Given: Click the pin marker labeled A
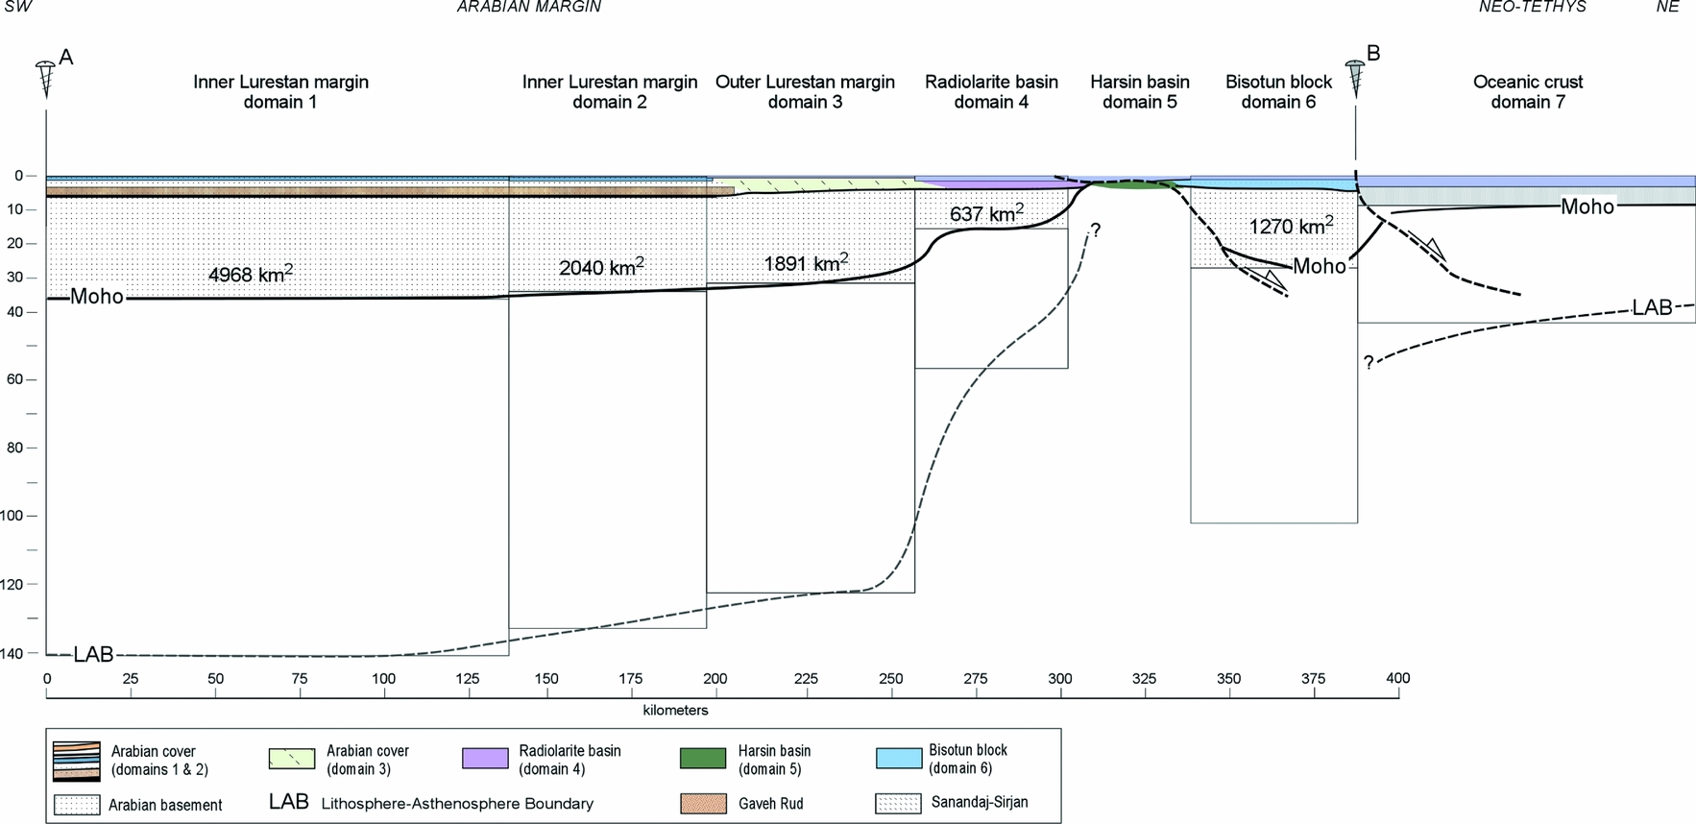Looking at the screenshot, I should tap(45, 77).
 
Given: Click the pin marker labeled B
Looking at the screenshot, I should tap(1355, 76).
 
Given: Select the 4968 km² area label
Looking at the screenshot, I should tap(250, 274).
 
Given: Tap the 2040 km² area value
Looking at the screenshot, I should tap(601, 267).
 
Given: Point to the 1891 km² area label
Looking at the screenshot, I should tap(806, 262).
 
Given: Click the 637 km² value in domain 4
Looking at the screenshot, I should tap(986, 213).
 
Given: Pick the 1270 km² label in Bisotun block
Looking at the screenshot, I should tap(1291, 227).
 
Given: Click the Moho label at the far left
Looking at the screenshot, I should tap(97, 297).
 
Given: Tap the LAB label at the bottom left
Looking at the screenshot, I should tap(93, 654).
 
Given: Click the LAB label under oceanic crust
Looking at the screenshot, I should tap(1652, 307).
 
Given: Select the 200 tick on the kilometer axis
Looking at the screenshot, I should tap(715, 678).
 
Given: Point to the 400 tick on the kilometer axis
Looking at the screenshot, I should tap(1397, 678).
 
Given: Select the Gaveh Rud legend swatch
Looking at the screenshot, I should tap(702, 803).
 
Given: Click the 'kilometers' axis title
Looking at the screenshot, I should tap(675, 711).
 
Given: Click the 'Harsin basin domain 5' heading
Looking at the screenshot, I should tap(1139, 92).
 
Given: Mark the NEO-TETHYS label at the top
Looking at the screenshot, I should tap(1532, 8).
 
